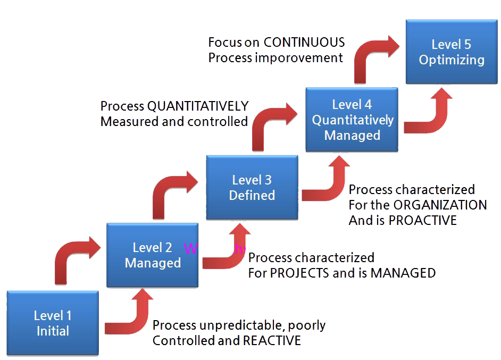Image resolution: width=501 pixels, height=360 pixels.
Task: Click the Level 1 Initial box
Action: [53, 323]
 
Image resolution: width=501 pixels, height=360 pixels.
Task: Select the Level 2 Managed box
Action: [153, 255]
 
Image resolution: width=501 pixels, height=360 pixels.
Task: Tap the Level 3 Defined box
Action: [252, 188]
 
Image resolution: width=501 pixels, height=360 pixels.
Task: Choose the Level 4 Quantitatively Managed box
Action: [352, 120]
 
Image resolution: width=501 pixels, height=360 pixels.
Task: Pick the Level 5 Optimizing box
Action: [452, 52]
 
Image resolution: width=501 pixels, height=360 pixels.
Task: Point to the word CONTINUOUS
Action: [304, 43]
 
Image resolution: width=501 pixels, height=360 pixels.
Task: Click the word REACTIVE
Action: [271, 341]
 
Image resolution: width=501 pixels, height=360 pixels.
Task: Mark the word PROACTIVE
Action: [422, 220]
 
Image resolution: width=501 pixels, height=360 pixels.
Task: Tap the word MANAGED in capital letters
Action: [403, 273]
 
